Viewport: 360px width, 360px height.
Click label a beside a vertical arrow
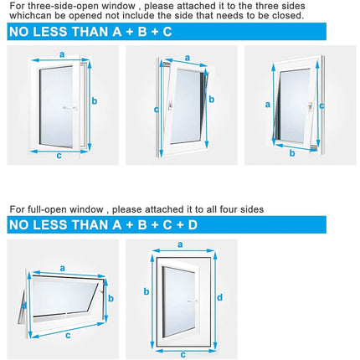pyautogui.click(x=268, y=105)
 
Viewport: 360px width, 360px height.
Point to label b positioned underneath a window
pyautogui.click(x=292, y=152)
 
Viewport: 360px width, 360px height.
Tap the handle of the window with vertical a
pyautogui.click(x=311, y=106)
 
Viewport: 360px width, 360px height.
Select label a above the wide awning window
pyautogui.click(x=62, y=269)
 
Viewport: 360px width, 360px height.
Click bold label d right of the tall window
pyautogui.click(x=220, y=296)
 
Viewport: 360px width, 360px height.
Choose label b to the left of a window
pyautogui.click(x=147, y=291)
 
